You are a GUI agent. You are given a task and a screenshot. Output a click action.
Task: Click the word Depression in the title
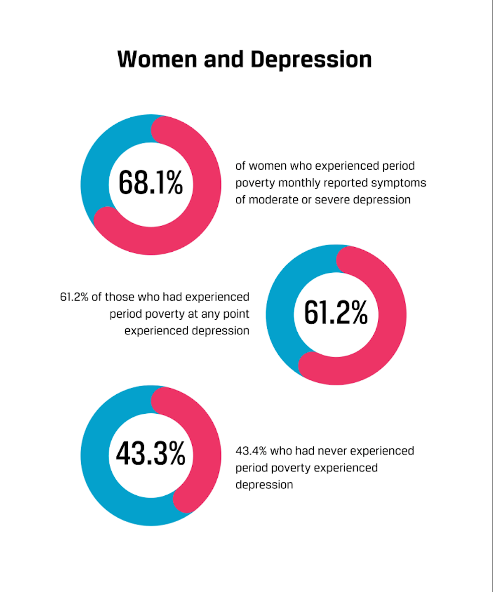pos(311,59)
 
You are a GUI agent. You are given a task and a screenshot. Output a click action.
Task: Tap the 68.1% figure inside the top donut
pos(150,183)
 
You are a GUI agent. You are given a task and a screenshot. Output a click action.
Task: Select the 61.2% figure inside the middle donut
pos(336,313)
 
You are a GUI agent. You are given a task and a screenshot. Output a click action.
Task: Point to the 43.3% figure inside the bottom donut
pos(150,454)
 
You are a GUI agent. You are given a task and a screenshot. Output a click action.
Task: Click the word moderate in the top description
pos(274,200)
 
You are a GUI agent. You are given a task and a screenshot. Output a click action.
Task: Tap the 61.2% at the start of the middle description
pos(74,297)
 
